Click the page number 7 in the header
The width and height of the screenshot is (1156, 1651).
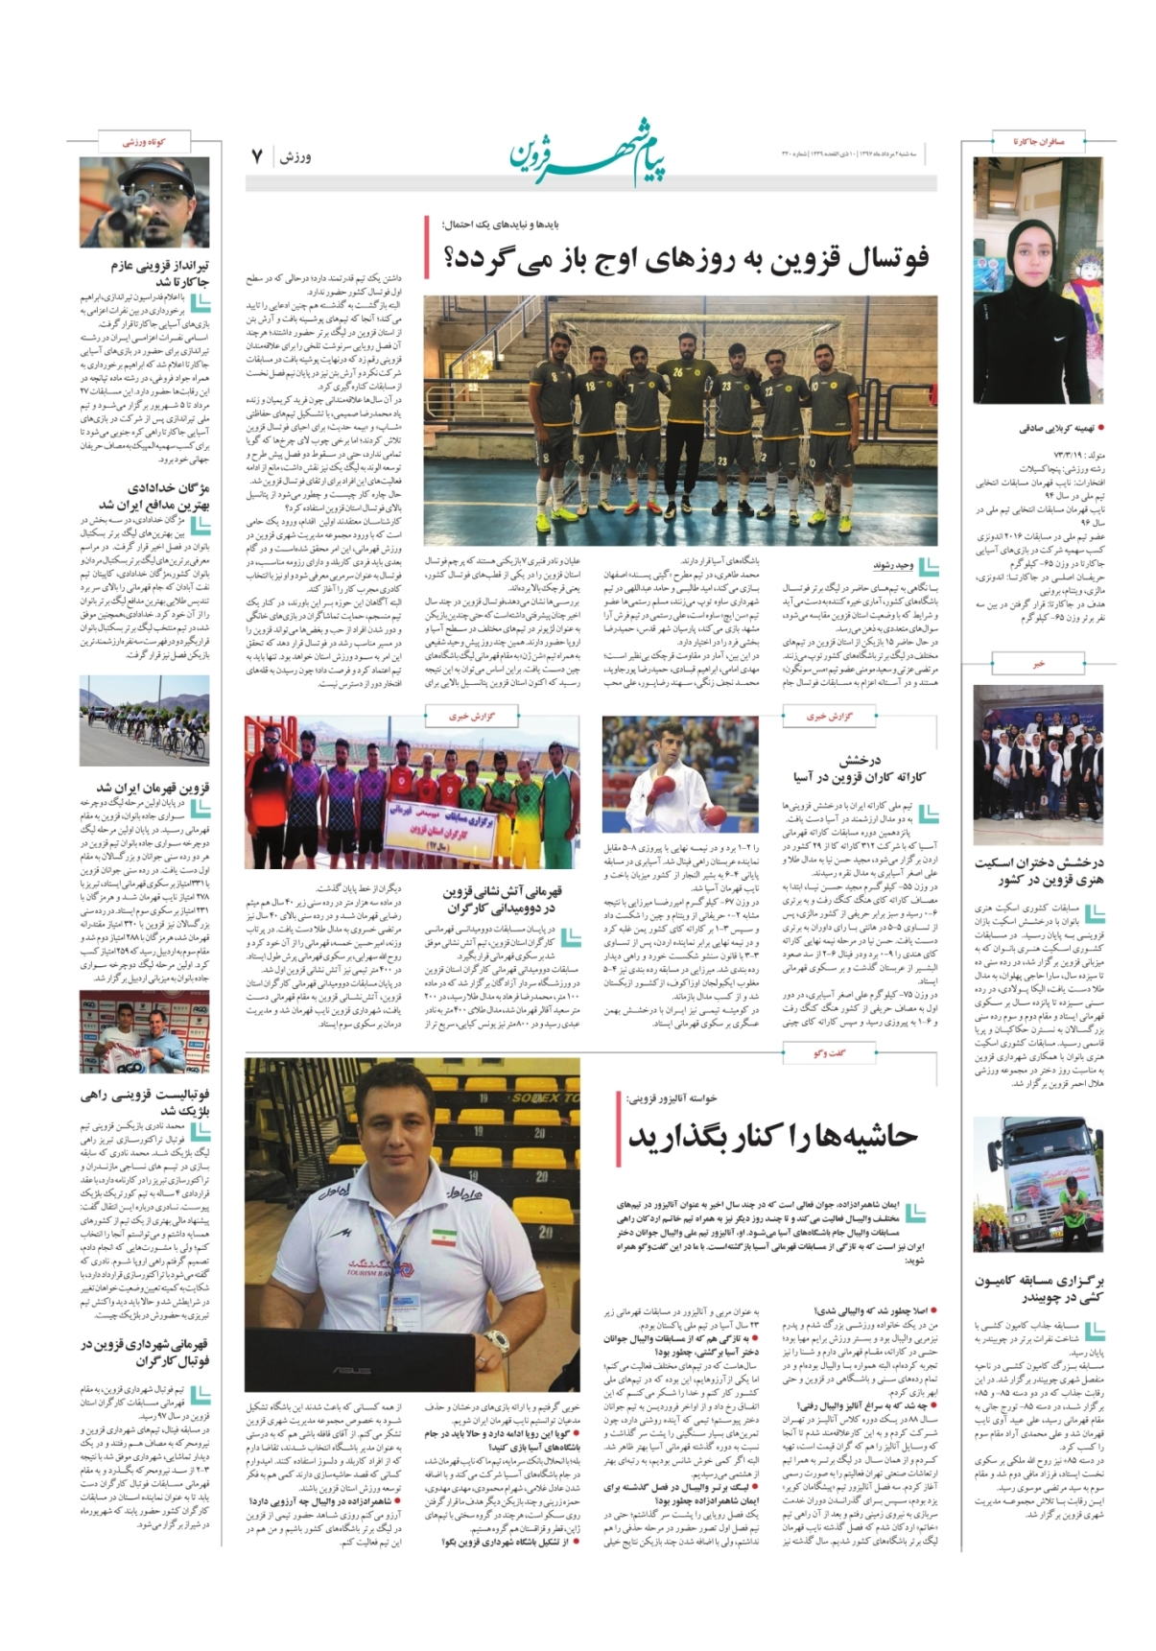257,156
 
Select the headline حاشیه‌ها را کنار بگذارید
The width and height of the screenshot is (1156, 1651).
773,1137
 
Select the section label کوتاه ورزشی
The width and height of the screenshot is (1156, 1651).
144,142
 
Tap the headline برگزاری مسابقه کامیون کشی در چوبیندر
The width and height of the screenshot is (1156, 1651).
1040,1288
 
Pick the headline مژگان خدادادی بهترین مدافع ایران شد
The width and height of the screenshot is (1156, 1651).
155,496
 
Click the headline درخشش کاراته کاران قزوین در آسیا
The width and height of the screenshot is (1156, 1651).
860,769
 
